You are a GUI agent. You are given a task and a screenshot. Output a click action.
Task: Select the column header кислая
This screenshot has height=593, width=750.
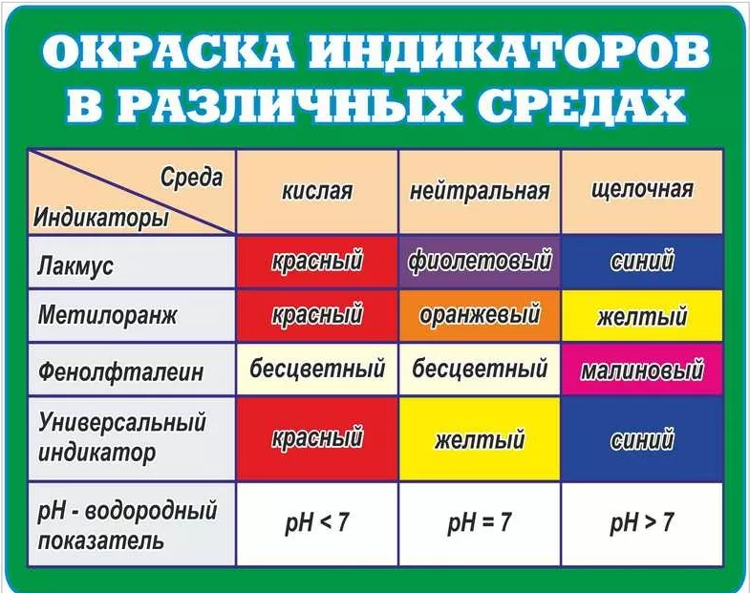point(317,191)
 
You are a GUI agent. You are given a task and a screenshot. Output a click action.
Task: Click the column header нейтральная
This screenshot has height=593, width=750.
point(480,191)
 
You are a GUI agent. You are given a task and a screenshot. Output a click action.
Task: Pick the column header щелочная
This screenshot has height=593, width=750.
point(642,190)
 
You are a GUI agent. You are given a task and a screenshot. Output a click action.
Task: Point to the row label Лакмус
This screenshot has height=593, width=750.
point(75,265)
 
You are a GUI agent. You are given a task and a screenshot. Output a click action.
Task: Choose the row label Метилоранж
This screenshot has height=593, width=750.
point(107,316)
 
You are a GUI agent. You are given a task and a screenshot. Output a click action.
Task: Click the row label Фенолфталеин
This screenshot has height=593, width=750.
point(121,371)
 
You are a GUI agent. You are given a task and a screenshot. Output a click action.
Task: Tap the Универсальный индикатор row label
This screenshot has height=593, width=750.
point(122,437)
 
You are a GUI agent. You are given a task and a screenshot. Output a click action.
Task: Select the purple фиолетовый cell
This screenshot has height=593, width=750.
point(480,262)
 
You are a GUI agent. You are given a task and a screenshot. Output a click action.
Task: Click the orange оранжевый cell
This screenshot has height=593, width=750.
point(480,316)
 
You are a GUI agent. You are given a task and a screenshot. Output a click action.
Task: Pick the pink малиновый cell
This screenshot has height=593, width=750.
point(642,370)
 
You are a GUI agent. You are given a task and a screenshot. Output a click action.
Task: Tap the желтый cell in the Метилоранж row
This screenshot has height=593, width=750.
point(642,316)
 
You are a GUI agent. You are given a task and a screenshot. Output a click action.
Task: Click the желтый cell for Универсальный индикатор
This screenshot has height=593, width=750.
point(480,439)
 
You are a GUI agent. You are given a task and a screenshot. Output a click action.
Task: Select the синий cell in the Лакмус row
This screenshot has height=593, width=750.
point(642,262)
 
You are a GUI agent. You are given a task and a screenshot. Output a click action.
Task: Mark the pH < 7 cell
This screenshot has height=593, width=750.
point(317,523)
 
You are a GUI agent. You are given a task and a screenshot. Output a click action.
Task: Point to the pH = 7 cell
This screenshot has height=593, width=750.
point(480,523)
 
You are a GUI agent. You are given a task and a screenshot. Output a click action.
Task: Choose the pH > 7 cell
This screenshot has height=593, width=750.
point(642,523)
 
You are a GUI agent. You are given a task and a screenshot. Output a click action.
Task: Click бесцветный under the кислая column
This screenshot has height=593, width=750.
point(317,370)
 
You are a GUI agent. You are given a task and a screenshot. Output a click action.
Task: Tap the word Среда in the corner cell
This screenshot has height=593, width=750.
point(191,178)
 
